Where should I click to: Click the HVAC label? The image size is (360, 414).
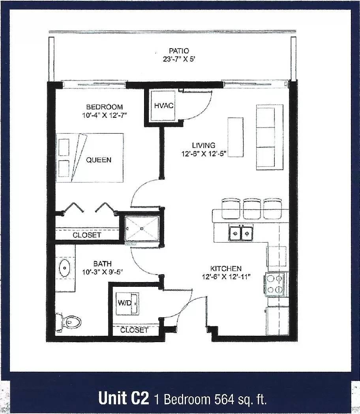click(164, 105)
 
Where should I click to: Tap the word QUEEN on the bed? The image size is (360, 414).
click(99, 160)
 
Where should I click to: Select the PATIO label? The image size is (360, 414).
click(179, 51)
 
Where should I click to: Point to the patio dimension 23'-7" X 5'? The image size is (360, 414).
click(178, 59)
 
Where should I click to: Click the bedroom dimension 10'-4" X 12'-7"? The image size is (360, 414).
click(105, 115)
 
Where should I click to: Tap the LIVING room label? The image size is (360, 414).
click(203, 145)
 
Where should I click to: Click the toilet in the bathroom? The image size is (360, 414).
click(69, 322)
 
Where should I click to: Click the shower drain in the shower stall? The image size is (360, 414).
click(142, 228)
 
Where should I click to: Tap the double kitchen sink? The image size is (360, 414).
click(240, 233)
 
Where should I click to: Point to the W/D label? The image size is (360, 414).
click(124, 303)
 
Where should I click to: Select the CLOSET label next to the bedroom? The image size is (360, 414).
click(87, 235)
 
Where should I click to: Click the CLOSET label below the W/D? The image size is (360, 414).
click(134, 330)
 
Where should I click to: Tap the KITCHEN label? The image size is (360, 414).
click(226, 269)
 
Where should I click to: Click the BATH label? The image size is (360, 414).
click(102, 263)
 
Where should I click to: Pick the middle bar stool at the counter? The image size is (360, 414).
click(251, 209)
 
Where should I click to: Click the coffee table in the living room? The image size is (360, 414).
click(235, 137)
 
